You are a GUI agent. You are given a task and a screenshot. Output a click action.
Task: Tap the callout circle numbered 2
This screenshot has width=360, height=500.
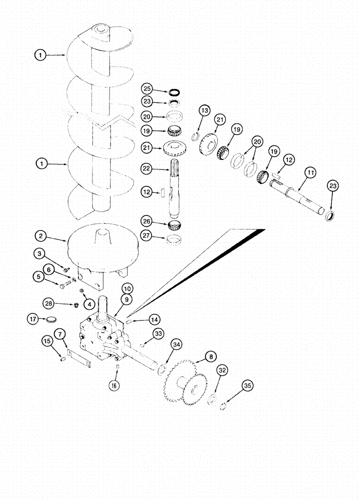tap(41, 235)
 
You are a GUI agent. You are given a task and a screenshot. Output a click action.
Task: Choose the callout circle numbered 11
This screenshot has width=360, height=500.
tap(310, 173)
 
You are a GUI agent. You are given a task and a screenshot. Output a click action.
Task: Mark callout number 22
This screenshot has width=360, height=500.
tap(145, 170)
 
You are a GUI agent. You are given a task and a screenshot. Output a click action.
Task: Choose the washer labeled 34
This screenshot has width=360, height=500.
tap(161, 370)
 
